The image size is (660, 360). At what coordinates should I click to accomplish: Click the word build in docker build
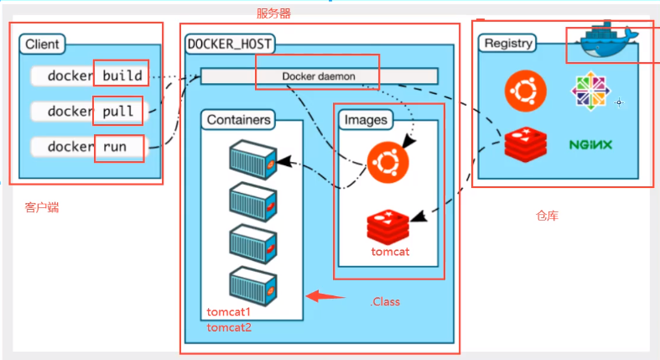click(x=122, y=76)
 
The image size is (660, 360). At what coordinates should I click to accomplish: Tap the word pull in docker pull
click(x=118, y=111)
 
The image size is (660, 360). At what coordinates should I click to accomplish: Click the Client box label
click(x=42, y=44)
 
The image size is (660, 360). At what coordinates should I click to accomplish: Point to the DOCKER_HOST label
click(x=229, y=44)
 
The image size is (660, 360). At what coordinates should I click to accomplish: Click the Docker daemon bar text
click(x=318, y=76)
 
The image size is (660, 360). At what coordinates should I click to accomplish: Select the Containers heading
click(x=239, y=120)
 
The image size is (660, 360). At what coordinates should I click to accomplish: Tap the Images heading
click(x=366, y=120)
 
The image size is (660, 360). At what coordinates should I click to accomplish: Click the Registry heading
click(x=507, y=43)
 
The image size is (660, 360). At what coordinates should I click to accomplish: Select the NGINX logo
click(x=590, y=144)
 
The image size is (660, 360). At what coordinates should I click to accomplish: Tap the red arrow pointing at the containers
click(x=325, y=295)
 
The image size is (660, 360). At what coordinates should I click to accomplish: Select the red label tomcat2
click(x=229, y=327)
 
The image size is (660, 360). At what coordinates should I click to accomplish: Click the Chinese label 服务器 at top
click(x=273, y=13)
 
